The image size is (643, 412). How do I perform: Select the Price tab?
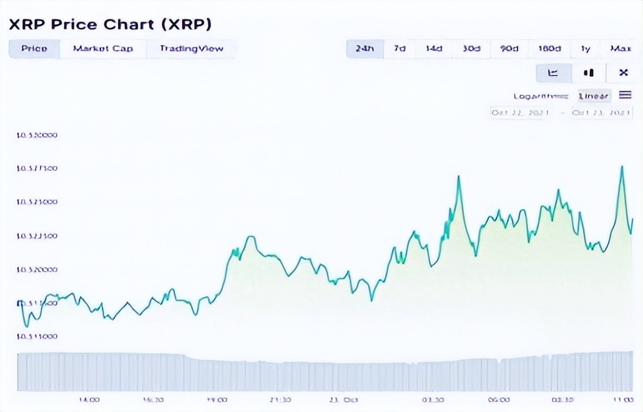tap(34, 49)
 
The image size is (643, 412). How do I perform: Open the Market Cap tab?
tap(103, 49)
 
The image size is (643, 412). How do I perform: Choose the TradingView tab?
tap(191, 49)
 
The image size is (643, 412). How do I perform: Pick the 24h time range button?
tap(365, 49)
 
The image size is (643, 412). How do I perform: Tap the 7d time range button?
tap(400, 49)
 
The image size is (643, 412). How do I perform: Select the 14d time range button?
tap(434, 49)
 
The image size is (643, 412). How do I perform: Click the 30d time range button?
tap(472, 49)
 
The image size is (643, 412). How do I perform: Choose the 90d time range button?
tap(509, 49)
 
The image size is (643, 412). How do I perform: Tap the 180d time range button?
tap(549, 49)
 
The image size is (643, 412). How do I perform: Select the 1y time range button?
tap(586, 49)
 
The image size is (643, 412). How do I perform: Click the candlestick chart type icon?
tap(588, 73)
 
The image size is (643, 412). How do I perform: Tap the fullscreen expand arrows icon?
tap(623, 73)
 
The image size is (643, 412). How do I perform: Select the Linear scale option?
tap(594, 96)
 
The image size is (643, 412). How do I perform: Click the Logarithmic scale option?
tap(541, 96)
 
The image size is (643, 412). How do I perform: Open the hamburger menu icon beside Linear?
tap(625, 96)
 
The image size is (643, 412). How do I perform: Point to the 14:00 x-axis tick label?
tap(90, 400)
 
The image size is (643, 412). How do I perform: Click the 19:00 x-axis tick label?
tap(218, 400)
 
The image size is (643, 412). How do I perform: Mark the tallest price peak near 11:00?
tap(622, 167)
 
